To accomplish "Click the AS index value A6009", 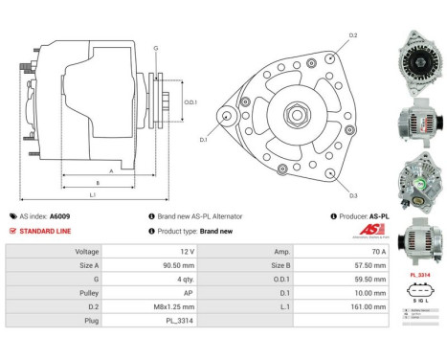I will click(x=60, y=216).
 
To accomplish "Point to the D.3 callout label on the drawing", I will click(x=352, y=194).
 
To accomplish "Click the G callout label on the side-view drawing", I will click(x=155, y=47).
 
